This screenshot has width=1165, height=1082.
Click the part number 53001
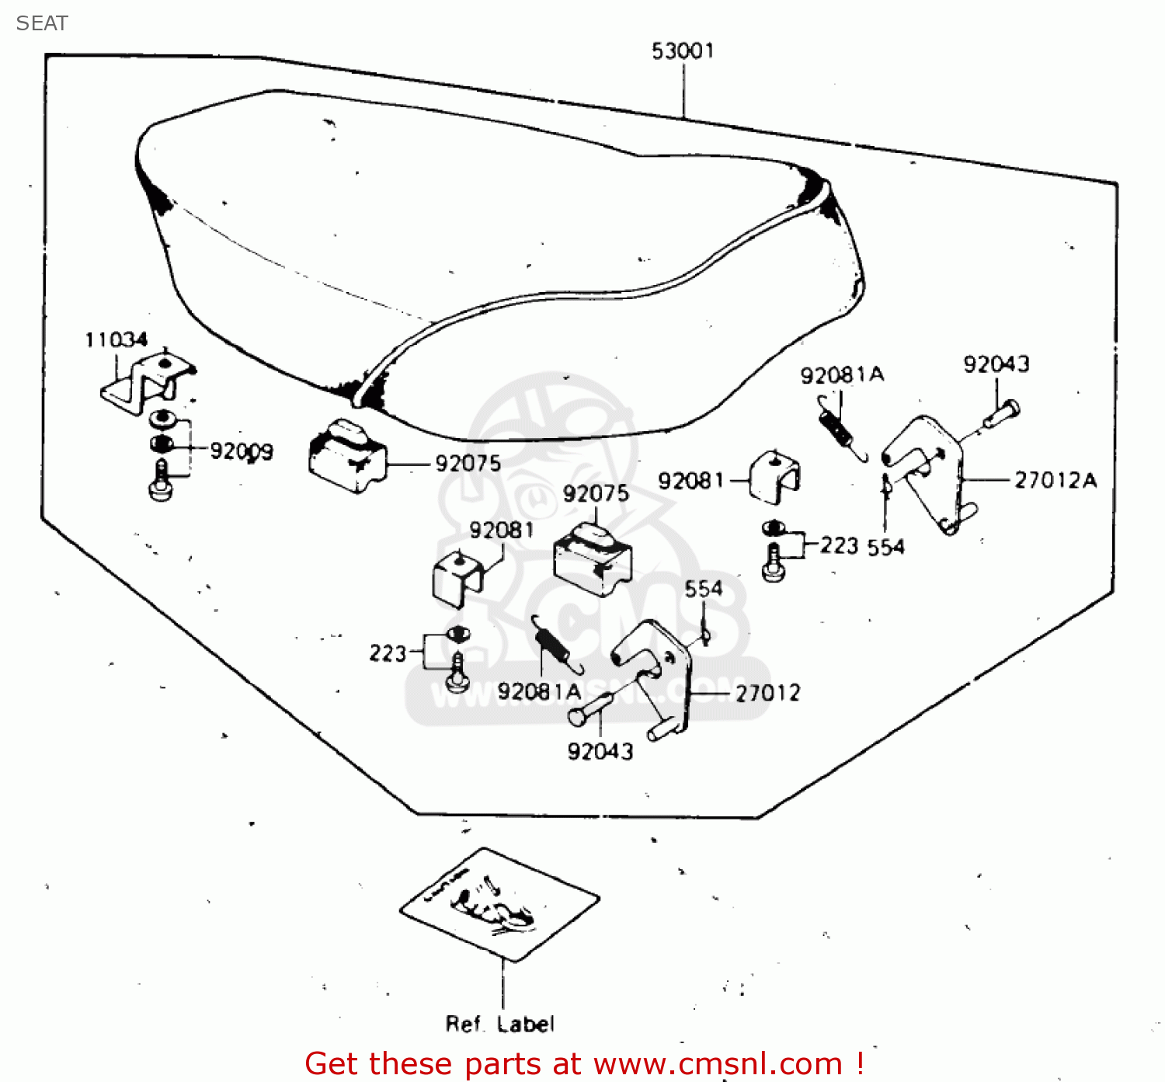683,51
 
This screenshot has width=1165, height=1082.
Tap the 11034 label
116,340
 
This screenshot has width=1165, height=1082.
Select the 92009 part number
242,451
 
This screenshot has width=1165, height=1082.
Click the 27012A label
1055,481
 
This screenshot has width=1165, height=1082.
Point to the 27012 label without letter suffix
767,693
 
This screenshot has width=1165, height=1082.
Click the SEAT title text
42,23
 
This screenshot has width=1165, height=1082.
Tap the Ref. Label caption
499,1024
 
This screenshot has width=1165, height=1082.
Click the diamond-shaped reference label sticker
499,903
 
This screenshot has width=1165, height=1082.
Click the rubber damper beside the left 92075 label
347,457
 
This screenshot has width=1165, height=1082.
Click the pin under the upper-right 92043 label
1002,414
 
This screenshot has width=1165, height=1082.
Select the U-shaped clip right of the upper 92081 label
776,475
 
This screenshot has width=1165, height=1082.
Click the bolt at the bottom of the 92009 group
160,482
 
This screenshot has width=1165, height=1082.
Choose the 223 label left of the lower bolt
388,653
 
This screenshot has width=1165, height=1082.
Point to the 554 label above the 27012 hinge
703,589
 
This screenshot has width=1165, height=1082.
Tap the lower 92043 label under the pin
600,751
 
